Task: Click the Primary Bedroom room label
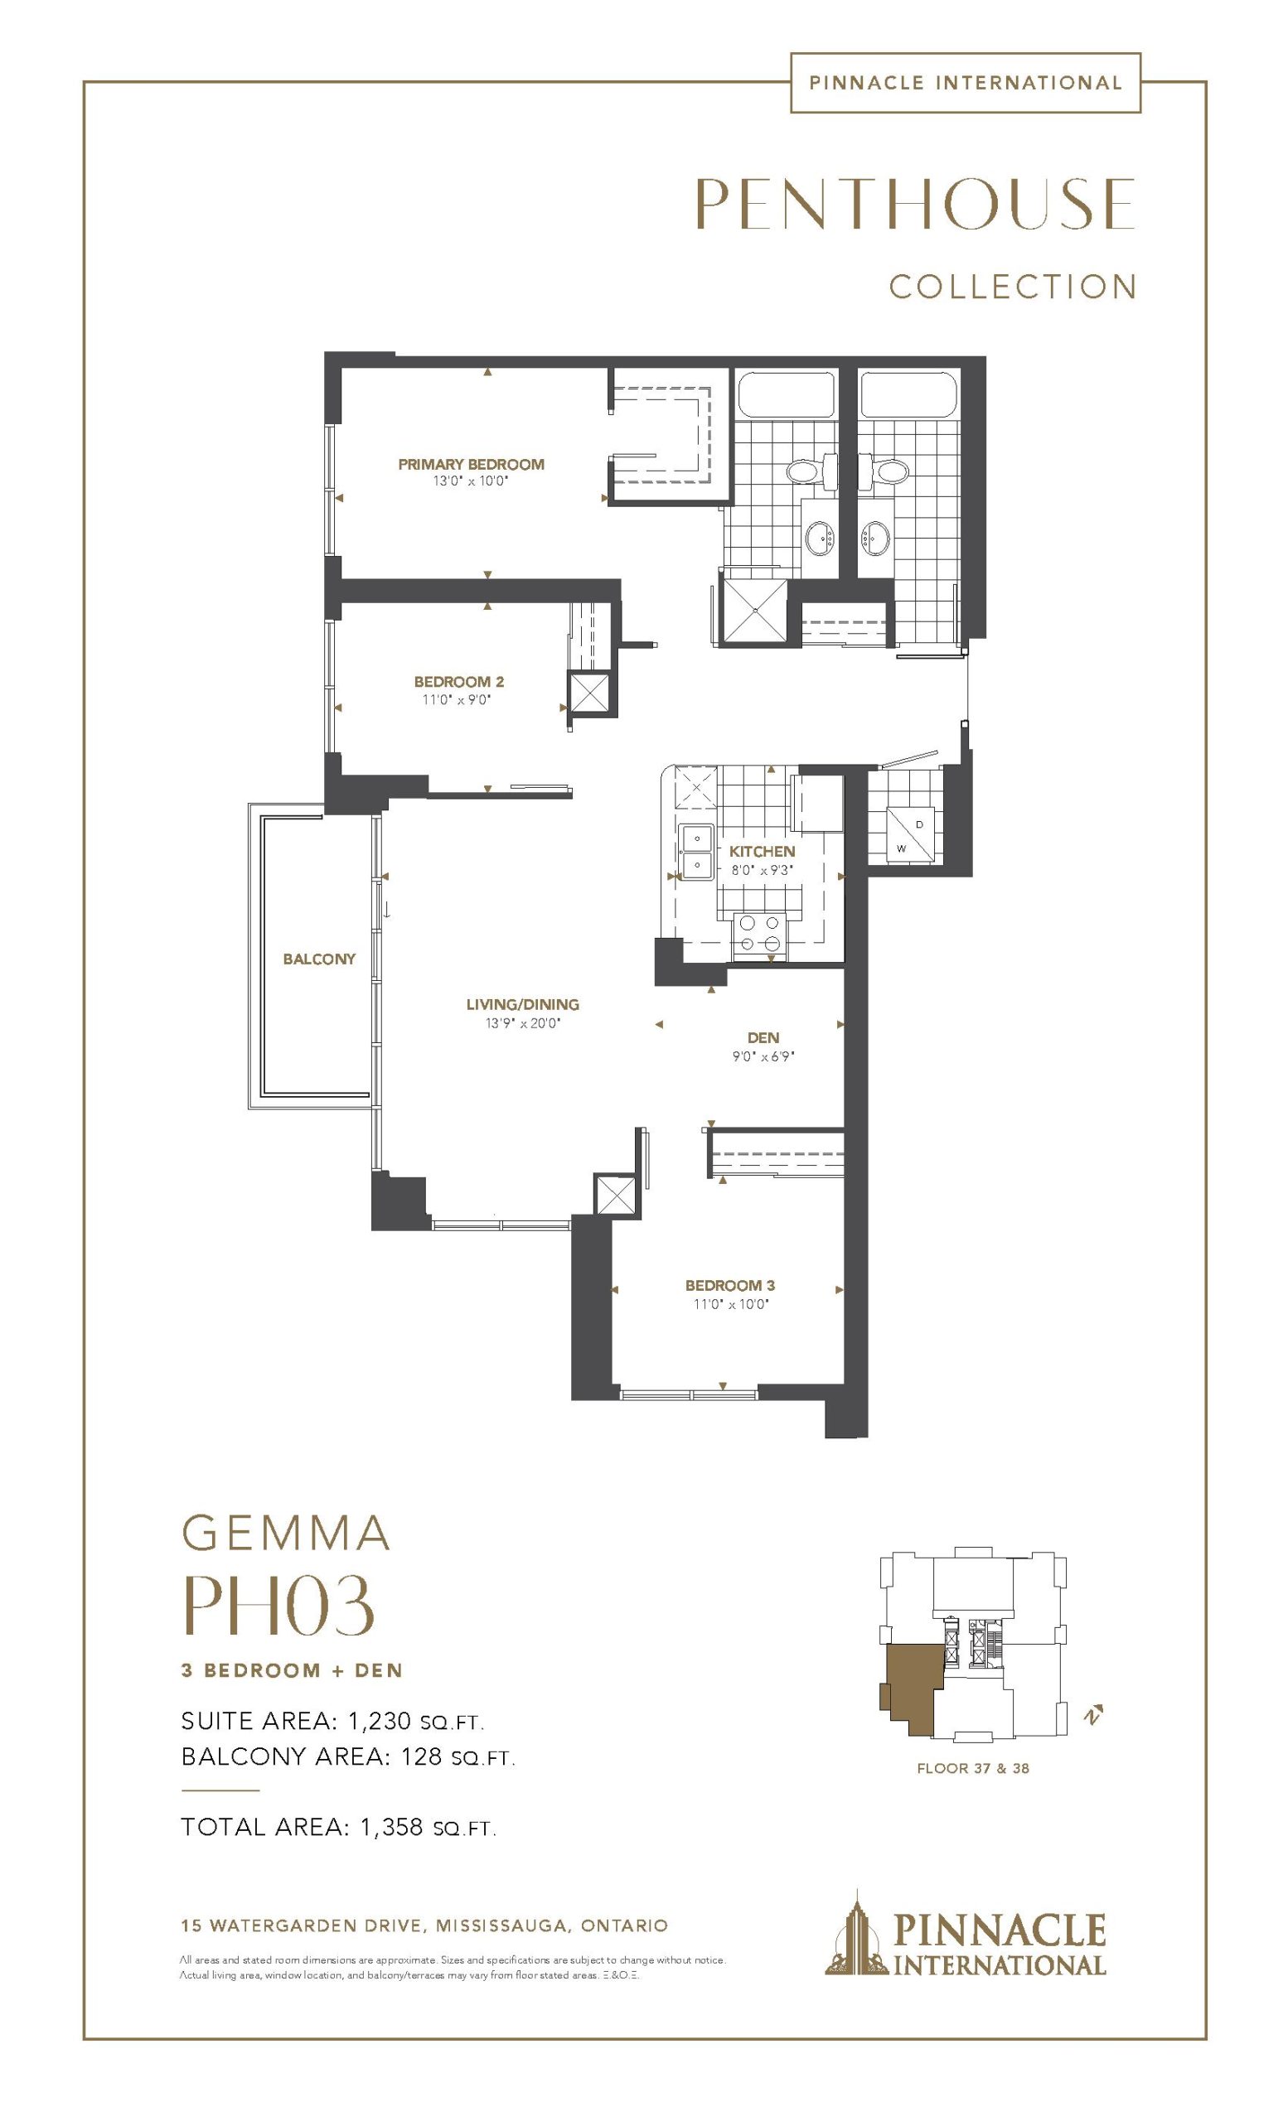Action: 471,464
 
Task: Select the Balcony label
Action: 319,959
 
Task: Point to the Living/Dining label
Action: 523,1003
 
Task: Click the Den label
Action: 763,1038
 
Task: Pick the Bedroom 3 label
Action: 730,1285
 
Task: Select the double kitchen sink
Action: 695,850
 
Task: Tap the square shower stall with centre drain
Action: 754,610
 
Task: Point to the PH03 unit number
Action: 279,1606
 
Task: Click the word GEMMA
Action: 286,1533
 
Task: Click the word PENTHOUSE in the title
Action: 914,203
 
